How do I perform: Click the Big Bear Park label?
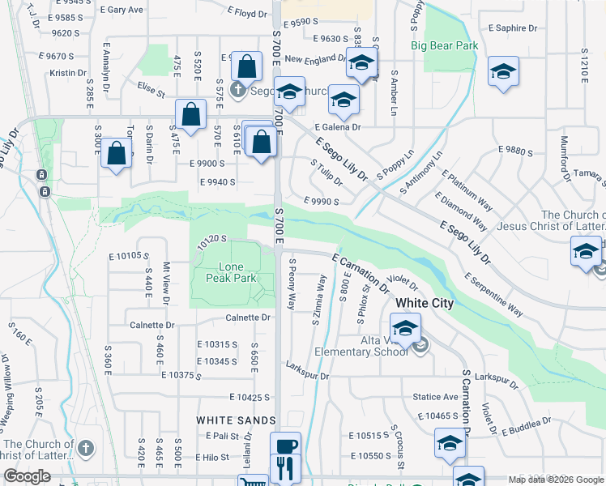coord(444,46)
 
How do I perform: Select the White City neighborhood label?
coord(425,304)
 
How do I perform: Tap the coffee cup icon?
coord(285,445)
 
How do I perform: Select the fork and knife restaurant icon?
coord(285,467)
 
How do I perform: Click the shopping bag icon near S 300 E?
coord(117,152)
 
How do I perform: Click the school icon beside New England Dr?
coord(361,62)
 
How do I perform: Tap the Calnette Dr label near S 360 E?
coord(151,325)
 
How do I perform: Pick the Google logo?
coord(28,476)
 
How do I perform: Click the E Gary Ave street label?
coord(125,10)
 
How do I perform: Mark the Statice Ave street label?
coord(436,397)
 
